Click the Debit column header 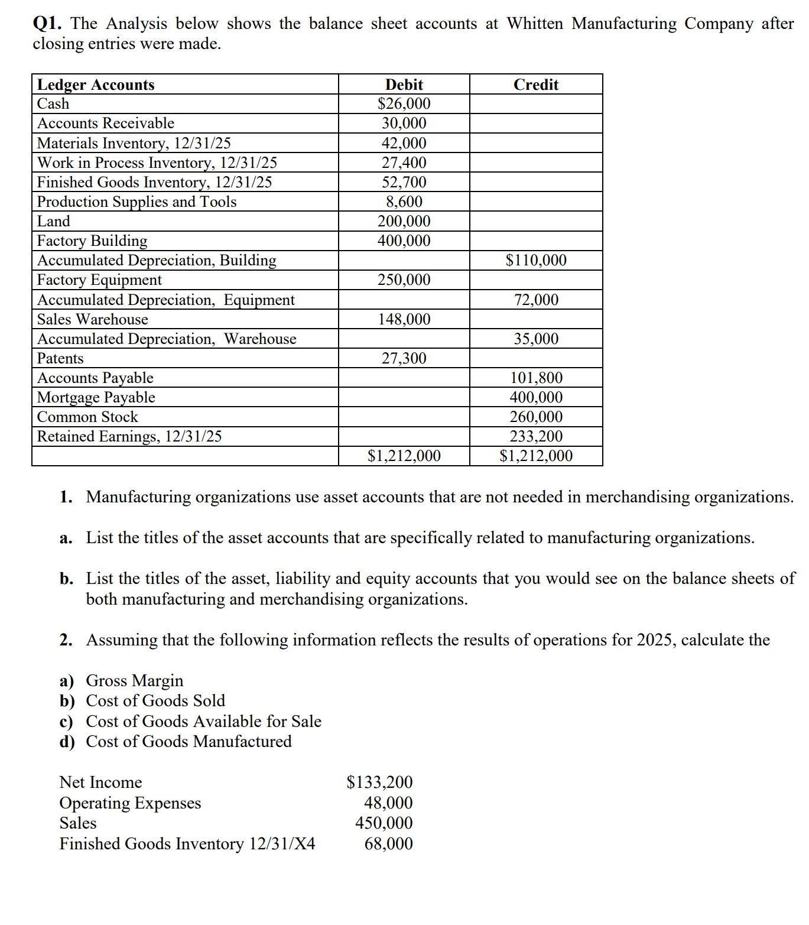pyautogui.click(x=404, y=85)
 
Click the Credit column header pyautogui.click(x=535, y=85)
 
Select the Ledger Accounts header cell pyautogui.click(x=96, y=85)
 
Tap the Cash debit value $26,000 pyautogui.click(x=404, y=103)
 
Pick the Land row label pyautogui.click(x=54, y=221)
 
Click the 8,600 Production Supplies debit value pyautogui.click(x=404, y=202)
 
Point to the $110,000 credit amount pyautogui.click(x=535, y=260)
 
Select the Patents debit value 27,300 pyautogui.click(x=404, y=358)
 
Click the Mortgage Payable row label pyautogui.click(x=96, y=397)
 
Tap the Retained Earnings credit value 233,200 pyautogui.click(x=536, y=436)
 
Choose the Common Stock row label pyautogui.click(x=87, y=417)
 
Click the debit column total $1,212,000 pyautogui.click(x=404, y=456)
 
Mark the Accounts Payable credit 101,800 pyautogui.click(x=536, y=378)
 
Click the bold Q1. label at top pyautogui.click(x=47, y=24)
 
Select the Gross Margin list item pyautogui.click(x=135, y=680)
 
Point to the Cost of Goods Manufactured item pyautogui.click(x=189, y=741)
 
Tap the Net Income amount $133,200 pyautogui.click(x=379, y=782)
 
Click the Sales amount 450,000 pyautogui.click(x=384, y=823)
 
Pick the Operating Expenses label pyautogui.click(x=131, y=803)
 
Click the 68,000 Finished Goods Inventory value pyautogui.click(x=388, y=843)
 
